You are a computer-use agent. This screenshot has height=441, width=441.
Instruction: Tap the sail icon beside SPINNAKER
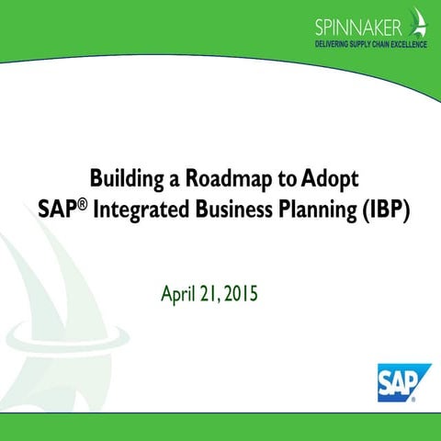pos(421,22)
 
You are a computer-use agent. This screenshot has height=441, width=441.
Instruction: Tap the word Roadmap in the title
pos(214,178)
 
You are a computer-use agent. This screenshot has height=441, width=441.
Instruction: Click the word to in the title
pos(268,178)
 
